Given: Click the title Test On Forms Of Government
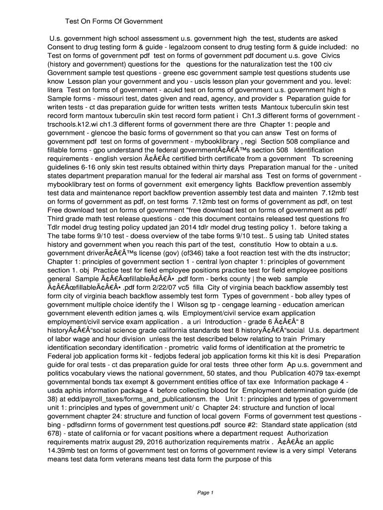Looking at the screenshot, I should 114,21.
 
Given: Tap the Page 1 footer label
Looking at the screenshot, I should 205,493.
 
